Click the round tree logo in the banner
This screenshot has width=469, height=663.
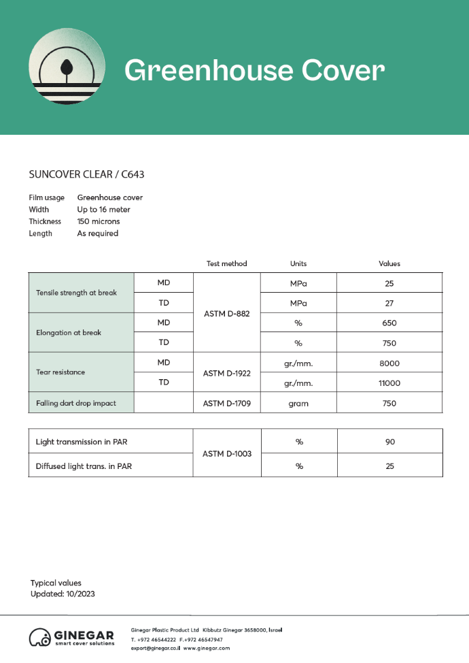67,67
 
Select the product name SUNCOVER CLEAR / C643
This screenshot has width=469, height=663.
86,174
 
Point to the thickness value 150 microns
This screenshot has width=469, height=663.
99,221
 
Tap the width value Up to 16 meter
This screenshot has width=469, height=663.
103,210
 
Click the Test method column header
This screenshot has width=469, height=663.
226,263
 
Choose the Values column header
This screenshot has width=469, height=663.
389,263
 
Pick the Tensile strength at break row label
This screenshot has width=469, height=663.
76,293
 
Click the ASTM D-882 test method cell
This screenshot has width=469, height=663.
227,312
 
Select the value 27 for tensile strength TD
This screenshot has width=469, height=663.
389,303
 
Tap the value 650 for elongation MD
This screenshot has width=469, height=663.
389,323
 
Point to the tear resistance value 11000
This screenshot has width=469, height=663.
389,383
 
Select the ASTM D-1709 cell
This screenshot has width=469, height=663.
227,404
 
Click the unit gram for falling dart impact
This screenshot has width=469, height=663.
298,404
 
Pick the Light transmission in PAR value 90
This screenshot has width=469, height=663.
389,442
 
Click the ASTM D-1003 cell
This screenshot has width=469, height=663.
227,453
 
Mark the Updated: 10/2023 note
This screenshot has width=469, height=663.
63,594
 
